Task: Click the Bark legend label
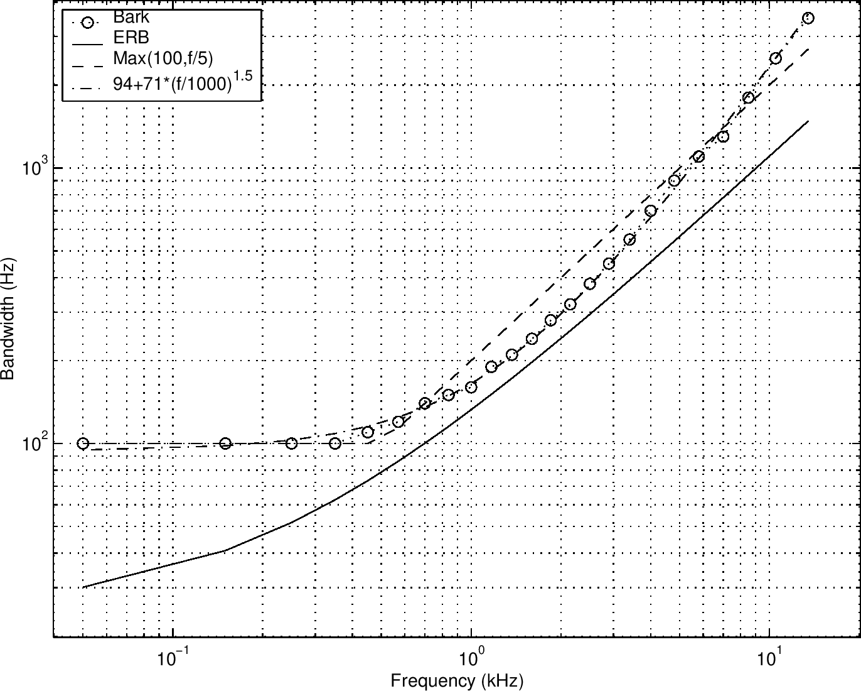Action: pos(131,17)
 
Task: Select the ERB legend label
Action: pos(131,38)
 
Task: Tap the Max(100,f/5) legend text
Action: pos(163,59)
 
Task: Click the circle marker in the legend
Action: pos(87,23)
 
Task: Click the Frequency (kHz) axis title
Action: pos(457,680)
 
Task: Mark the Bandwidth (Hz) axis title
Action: pos(8,319)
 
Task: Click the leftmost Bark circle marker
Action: pos(83,443)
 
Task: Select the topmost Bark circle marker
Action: pos(808,18)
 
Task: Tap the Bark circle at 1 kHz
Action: pos(471,387)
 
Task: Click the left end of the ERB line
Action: pos(83,587)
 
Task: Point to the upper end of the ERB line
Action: pos(808,121)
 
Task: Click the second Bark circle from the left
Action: pos(226,443)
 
